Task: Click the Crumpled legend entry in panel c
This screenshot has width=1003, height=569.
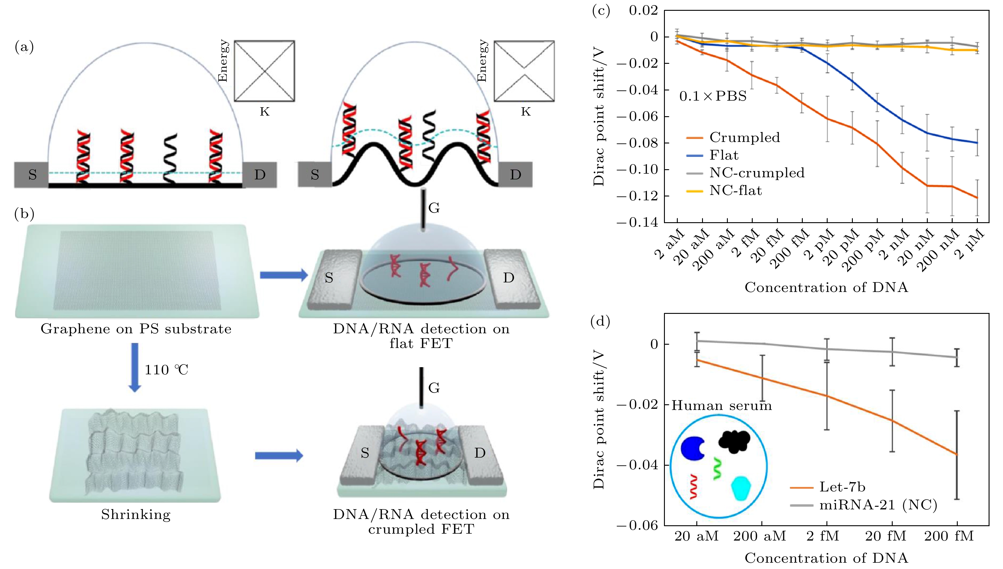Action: [x=744, y=137]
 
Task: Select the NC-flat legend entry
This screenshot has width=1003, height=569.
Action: [x=735, y=191]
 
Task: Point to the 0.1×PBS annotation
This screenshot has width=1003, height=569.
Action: [x=713, y=96]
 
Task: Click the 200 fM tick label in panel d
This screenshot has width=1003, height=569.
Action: [x=949, y=536]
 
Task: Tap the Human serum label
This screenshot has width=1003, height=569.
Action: [x=722, y=406]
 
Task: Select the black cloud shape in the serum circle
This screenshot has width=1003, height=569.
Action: [x=734, y=442]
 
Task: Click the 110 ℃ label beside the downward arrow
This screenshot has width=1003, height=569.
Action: [x=167, y=370]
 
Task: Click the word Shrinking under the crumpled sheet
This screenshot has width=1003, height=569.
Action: [x=136, y=514]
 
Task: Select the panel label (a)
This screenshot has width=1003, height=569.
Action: [x=24, y=47]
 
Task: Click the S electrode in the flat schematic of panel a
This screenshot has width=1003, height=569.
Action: [x=32, y=175]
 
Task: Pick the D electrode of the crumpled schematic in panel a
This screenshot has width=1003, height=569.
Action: [x=515, y=175]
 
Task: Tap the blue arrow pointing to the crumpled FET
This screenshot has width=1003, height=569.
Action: [x=279, y=455]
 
